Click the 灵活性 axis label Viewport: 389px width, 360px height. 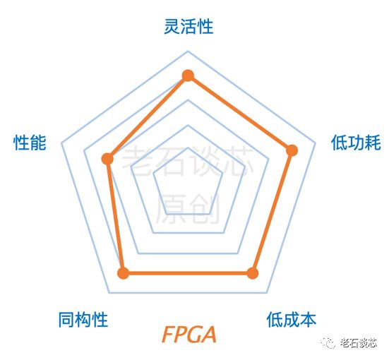(x=188, y=26)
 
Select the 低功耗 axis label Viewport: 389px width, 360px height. (x=356, y=143)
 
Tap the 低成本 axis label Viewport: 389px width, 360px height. (x=292, y=320)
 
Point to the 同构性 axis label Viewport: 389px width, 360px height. (x=83, y=320)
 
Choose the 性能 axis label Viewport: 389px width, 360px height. (x=30, y=143)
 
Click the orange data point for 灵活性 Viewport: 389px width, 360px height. (x=188, y=76)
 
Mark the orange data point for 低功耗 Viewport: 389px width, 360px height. (x=292, y=150)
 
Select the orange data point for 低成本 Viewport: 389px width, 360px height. (x=253, y=273)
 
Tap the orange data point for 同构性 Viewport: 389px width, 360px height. (x=124, y=273)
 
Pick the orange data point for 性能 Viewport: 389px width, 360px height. (x=108, y=159)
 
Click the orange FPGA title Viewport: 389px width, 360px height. (x=189, y=335)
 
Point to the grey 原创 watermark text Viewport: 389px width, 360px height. (x=188, y=209)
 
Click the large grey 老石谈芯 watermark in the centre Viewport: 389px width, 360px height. (x=188, y=161)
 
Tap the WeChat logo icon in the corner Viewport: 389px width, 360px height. (x=328, y=342)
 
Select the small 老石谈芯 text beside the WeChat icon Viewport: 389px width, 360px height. (x=359, y=343)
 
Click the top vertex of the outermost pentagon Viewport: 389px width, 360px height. (x=188, y=51)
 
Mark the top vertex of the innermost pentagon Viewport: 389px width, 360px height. (x=188, y=148)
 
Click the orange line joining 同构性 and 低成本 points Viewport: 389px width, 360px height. (x=188, y=273)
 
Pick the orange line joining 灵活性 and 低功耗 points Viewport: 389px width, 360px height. (x=240, y=113)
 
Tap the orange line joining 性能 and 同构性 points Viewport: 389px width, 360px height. (x=115, y=216)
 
